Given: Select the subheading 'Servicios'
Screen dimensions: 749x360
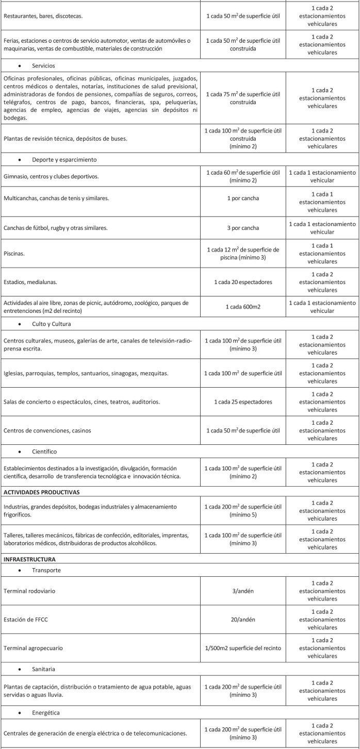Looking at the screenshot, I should point(44,65).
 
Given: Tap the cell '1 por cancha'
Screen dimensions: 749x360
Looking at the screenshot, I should point(243,198).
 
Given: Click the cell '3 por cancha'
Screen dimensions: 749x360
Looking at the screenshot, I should point(243,228).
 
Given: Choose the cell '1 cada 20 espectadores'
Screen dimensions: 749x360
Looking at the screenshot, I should point(243,282).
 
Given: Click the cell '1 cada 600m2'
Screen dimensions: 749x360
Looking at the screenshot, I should point(243,306).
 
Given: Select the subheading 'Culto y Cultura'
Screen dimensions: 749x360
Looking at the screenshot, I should point(51,324).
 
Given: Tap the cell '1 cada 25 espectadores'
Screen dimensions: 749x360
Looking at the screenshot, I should point(243,402).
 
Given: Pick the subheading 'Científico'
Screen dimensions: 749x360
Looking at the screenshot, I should point(44,452).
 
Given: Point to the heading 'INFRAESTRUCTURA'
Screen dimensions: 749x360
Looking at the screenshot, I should point(29,559).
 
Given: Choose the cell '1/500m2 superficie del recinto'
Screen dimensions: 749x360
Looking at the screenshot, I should point(243,648).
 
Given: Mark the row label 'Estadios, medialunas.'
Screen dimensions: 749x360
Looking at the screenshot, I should point(31,282).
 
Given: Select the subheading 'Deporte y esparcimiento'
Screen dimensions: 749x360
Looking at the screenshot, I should point(64,159).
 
